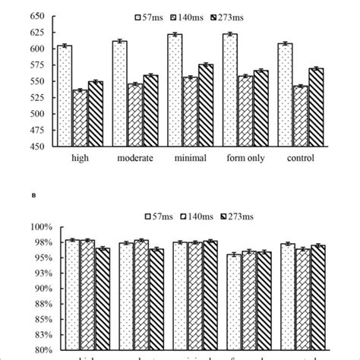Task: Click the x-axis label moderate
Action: pos(135,158)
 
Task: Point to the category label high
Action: pos(80,158)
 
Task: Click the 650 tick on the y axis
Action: pos(35,16)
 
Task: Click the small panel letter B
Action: pos(34,194)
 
